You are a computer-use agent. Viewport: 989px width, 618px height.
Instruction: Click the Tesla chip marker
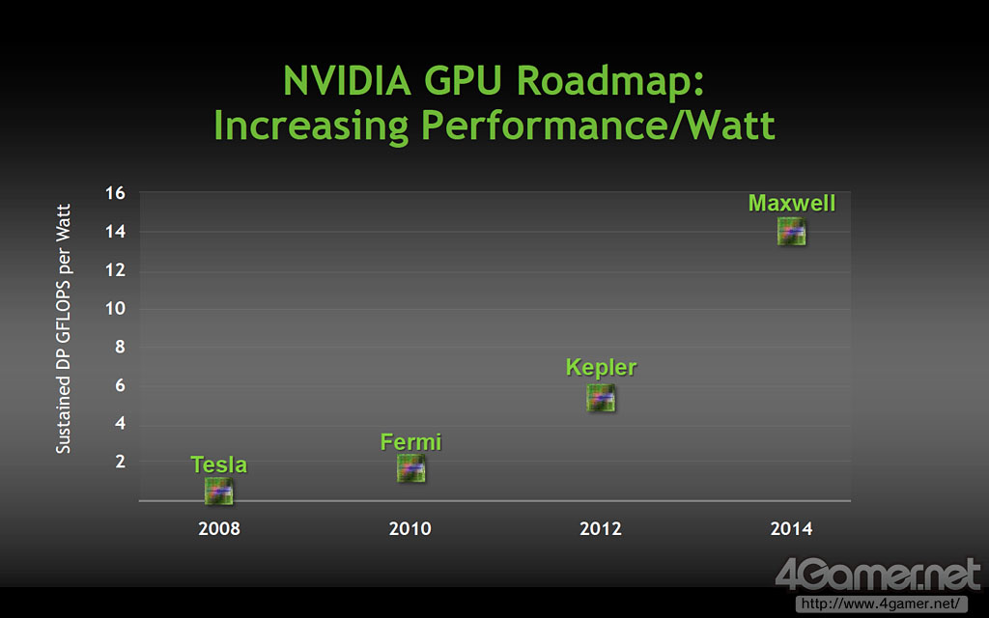[x=219, y=491]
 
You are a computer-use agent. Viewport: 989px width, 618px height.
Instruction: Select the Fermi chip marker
[x=410, y=468]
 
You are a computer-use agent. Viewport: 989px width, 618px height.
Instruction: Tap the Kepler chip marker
[x=601, y=398]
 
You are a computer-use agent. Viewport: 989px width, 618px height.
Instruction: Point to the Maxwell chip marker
[x=792, y=232]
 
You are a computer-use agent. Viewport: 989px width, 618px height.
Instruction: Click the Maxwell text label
[x=792, y=204]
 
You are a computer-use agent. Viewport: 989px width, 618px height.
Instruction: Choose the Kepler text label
[x=601, y=368]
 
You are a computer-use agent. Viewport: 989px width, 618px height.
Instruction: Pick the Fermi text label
[x=410, y=442]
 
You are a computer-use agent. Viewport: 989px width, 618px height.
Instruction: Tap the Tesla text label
[x=219, y=464]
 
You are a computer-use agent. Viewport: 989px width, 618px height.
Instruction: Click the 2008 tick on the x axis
[x=219, y=528]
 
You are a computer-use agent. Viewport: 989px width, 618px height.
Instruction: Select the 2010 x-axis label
[x=410, y=528]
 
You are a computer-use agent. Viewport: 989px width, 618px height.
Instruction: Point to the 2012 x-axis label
[x=601, y=528]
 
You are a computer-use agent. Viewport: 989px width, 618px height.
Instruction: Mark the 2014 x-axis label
[x=792, y=528]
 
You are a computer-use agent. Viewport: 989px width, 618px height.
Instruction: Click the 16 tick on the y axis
[x=116, y=193]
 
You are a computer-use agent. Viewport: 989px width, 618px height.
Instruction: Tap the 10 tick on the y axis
[x=116, y=309]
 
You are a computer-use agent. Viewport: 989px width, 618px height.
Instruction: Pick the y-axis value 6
[x=120, y=385]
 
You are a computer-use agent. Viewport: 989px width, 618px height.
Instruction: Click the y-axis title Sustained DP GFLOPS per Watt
[x=64, y=328]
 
